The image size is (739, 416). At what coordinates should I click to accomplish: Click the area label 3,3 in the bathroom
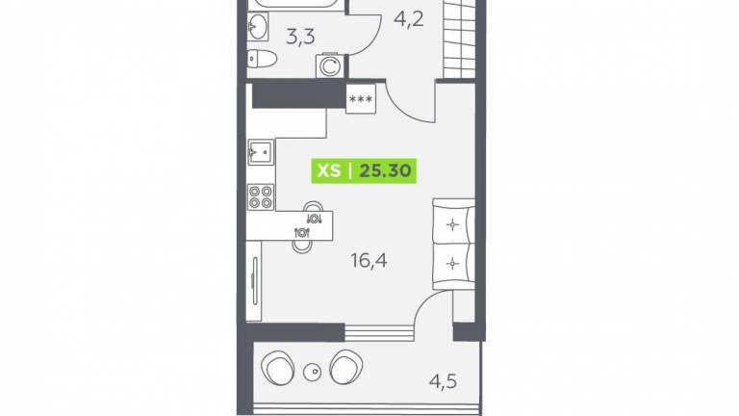coord(300,37)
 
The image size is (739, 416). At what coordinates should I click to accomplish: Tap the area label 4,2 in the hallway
coord(409,20)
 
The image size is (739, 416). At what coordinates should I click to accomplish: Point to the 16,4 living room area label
coord(369,260)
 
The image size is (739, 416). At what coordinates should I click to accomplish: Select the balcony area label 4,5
coord(443,381)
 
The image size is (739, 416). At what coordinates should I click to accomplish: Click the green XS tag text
coord(329,170)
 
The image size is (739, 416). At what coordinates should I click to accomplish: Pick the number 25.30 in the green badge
coord(385,170)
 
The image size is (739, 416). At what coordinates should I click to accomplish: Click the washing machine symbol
coord(330,66)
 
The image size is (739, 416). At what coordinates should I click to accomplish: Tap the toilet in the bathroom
coord(262,58)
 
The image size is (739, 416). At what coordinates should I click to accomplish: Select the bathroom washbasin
coord(258,26)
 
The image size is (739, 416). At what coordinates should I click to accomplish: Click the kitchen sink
coord(261,152)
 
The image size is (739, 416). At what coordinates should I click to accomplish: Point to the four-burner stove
coord(261,196)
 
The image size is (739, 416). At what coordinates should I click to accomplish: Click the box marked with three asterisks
coord(361,99)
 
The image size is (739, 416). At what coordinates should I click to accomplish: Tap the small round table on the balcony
coord(312,373)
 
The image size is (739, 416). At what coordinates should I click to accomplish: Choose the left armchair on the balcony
coord(278,368)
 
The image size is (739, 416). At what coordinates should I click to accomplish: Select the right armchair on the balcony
coord(346,367)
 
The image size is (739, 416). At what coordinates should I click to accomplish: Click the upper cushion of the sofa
coord(453,224)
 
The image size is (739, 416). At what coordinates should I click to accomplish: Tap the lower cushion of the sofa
coord(453,263)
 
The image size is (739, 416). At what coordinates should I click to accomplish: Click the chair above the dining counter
coord(314,207)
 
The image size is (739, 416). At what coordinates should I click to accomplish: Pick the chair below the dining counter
coord(302,247)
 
